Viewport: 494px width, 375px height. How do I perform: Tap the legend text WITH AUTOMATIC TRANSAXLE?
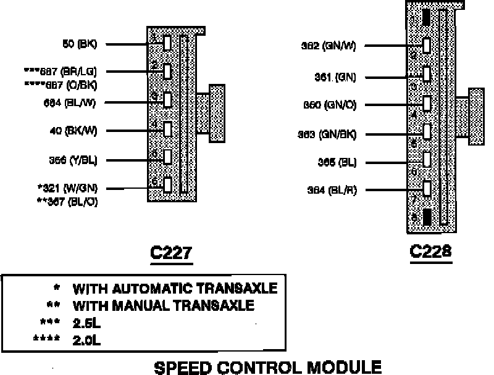(175, 289)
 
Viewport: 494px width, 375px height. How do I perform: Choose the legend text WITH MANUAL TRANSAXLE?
(164, 305)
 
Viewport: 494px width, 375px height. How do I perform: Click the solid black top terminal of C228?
(427, 19)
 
